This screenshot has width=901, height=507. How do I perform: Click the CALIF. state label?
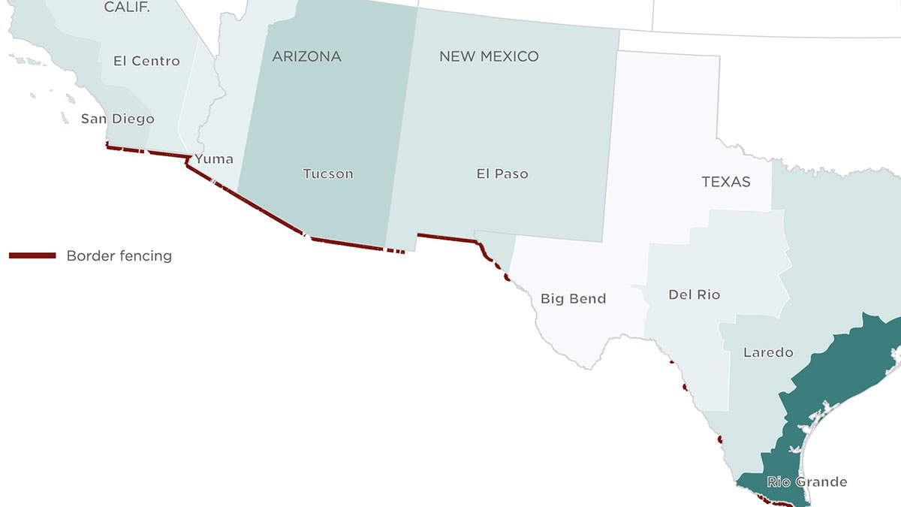point(127,8)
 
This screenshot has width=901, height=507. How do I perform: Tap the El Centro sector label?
point(146,61)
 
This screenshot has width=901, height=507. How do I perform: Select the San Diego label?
point(117,119)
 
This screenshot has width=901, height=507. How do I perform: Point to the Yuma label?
point(214,158)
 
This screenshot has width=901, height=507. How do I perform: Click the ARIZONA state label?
point(306,56)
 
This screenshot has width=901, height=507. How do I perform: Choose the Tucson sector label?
point(327,174)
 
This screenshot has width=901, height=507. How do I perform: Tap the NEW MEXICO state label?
point(489,56)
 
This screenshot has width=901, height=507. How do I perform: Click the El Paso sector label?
point(502,174)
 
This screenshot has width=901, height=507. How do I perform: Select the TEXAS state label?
point(726,182)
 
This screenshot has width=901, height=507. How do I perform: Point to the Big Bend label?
point(573,299)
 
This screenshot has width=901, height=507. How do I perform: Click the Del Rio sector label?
point(694,294)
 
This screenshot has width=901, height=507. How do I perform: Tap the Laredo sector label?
point(767,352)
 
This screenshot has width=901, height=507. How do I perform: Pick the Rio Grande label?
point(806,481)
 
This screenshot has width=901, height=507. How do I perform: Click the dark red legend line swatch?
point(32,256)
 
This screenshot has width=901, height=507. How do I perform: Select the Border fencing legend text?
point(119,256)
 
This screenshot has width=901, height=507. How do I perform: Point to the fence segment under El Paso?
point(447,237)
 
